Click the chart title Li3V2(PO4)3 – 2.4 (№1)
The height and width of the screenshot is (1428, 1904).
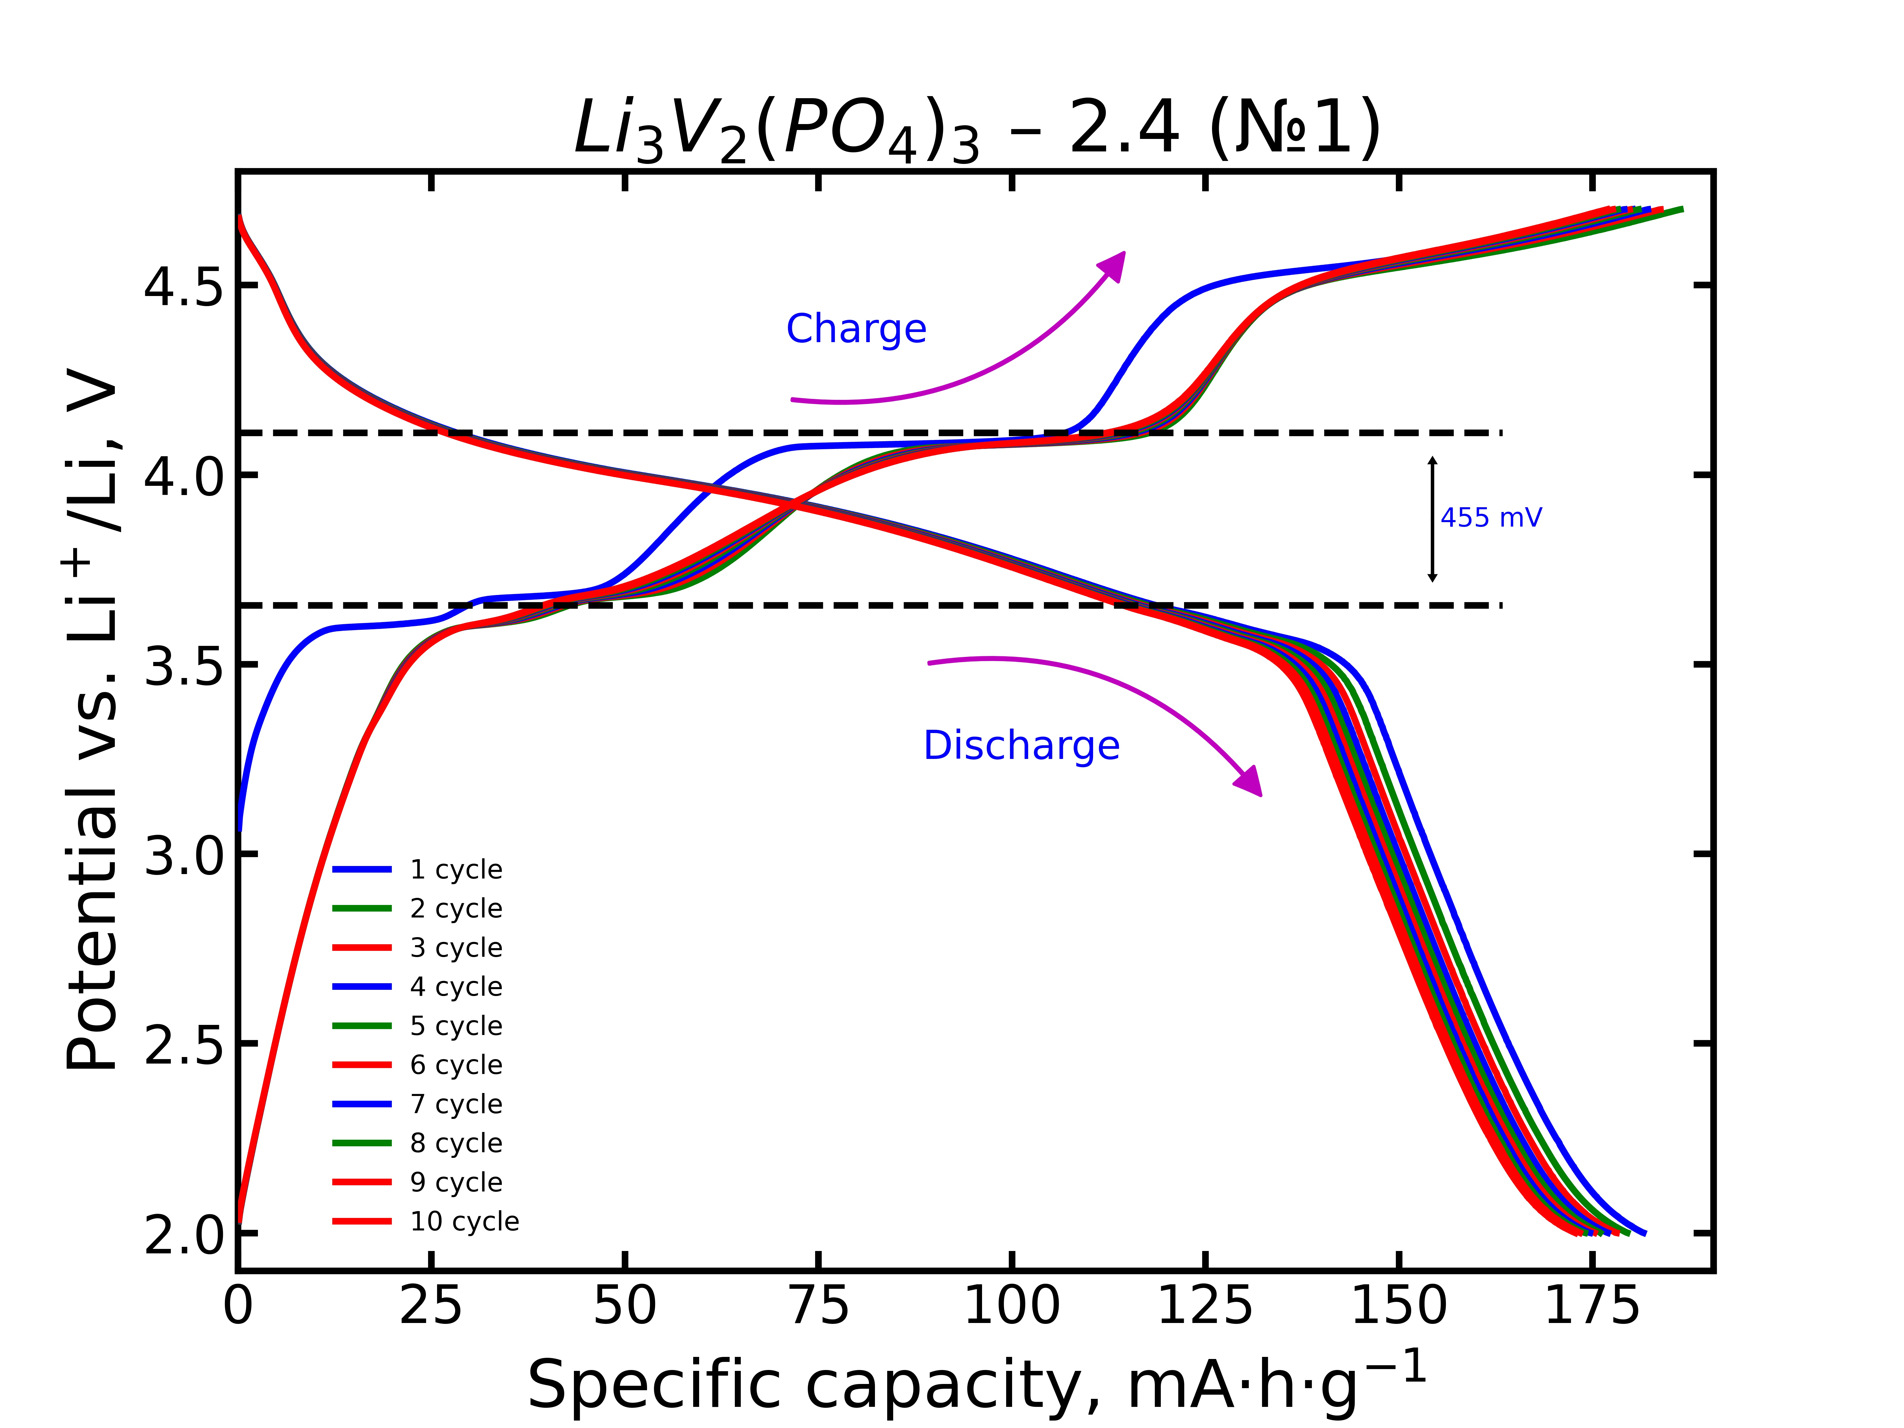(977, 129)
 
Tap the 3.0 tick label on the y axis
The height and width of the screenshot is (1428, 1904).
(182, 855)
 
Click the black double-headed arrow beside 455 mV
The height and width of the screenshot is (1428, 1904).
(1432, 519)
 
